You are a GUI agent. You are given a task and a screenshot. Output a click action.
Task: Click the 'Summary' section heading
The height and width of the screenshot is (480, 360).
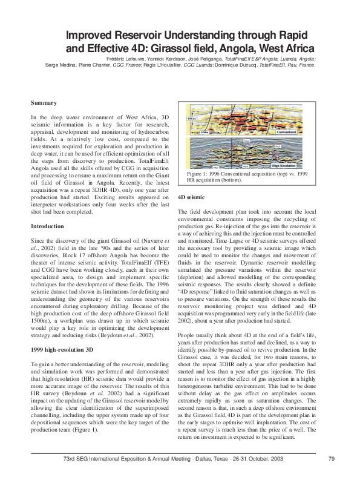(44, 103)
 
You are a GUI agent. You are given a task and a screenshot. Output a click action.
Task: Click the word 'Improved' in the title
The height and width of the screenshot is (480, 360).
(94, 34)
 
